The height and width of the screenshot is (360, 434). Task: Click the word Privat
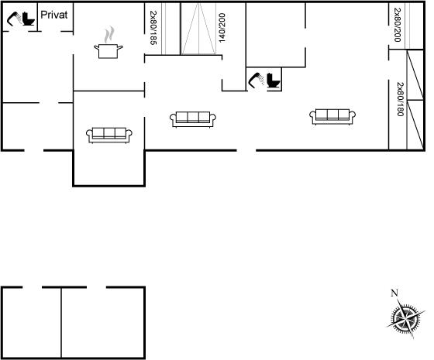pos(53,15)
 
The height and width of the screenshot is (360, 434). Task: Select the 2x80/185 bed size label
pos(153,28)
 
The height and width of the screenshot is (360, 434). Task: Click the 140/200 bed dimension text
pos(222,28)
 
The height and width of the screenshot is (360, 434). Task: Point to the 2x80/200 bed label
pos(398,25)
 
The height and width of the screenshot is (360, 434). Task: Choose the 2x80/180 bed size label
pos(400,99)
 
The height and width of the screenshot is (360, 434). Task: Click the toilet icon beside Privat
pos(29,19)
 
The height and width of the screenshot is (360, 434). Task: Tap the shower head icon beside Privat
pos(14,19)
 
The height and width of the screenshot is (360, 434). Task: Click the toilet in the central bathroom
pos(274,81)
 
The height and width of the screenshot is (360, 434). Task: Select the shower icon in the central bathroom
pos(256,81)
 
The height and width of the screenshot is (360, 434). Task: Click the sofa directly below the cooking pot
pos(109,135)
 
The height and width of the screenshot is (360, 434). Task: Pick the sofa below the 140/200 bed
pos(193,119)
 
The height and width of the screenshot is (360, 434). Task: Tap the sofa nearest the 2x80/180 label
pos(332,117)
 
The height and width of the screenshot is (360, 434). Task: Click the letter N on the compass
pos(394,293)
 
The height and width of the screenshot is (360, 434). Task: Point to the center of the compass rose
pos(406,319)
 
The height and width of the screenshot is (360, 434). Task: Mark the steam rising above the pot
pos(109,34)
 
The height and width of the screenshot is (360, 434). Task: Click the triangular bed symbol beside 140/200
pos(198,29)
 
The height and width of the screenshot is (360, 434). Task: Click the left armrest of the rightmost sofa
pos(312,115)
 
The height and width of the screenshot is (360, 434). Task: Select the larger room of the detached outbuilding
pos(103,323)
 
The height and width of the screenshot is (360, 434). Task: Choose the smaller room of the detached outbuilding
pos(32,323)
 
